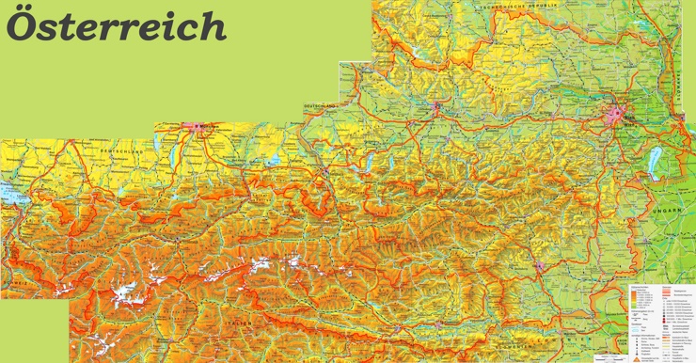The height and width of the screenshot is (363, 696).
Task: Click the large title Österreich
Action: click(x=117, y=25)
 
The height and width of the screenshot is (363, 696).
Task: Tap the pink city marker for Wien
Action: click(x=618, y=116)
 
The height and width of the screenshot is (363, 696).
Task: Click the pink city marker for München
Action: click(x=198, y=127)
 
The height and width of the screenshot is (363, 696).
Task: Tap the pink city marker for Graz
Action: click(x=540, y=266)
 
